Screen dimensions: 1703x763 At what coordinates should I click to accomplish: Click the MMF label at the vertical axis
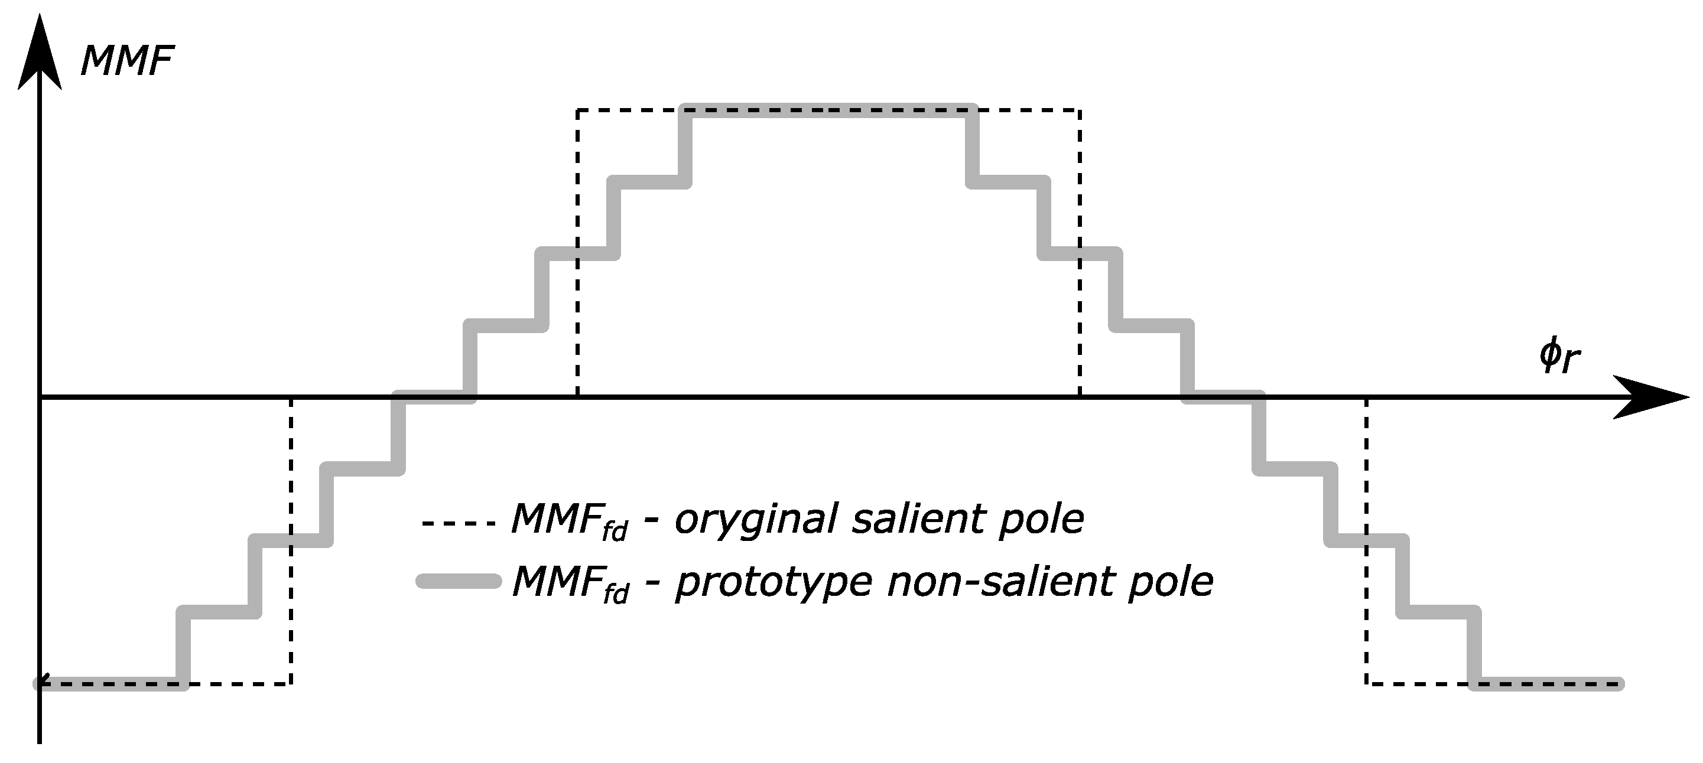click(126, 63)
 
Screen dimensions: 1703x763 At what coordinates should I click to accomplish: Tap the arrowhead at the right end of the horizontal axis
click(1653, 397)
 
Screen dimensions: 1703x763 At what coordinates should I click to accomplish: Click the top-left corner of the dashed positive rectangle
click(578, 110)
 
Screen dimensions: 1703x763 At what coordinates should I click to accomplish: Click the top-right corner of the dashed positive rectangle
click(1080, 110)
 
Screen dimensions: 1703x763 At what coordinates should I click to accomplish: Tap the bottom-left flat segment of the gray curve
click(109, 684)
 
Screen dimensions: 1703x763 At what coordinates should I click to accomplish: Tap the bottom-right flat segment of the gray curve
click(1547, 684)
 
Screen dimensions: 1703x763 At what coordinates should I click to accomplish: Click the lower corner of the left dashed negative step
click(291, 684)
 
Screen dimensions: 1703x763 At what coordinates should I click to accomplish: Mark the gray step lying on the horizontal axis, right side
click(1223, 397)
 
